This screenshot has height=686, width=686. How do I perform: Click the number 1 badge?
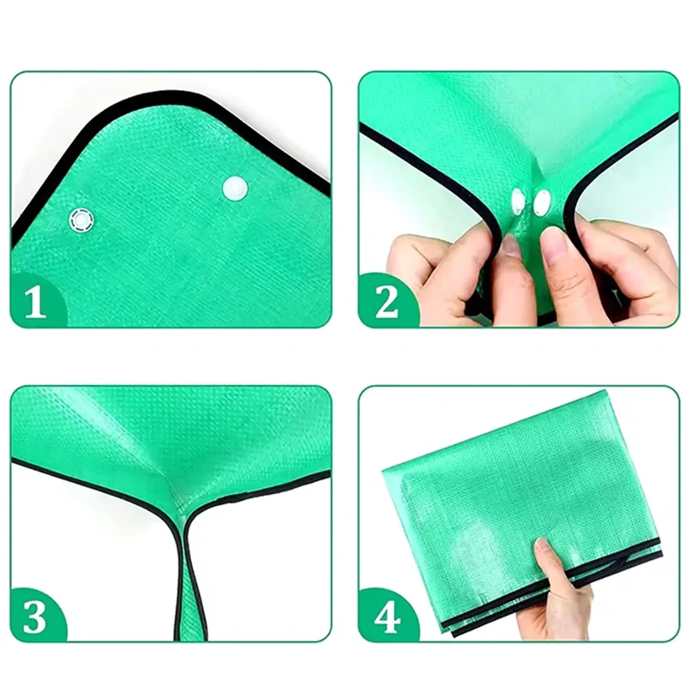(36, 302)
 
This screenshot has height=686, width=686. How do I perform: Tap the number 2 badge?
(387, 302)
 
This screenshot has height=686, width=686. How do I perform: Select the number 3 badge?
(35, 617)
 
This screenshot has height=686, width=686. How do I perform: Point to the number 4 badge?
(388, 617)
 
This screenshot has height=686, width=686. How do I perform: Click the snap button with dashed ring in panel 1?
(81, 219)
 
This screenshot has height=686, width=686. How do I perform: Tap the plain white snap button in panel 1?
(235, 189)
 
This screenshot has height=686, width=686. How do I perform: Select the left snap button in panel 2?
(518, 202)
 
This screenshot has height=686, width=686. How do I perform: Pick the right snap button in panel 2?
(542, 202)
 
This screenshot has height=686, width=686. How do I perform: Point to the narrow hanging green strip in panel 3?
(191, 582)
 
